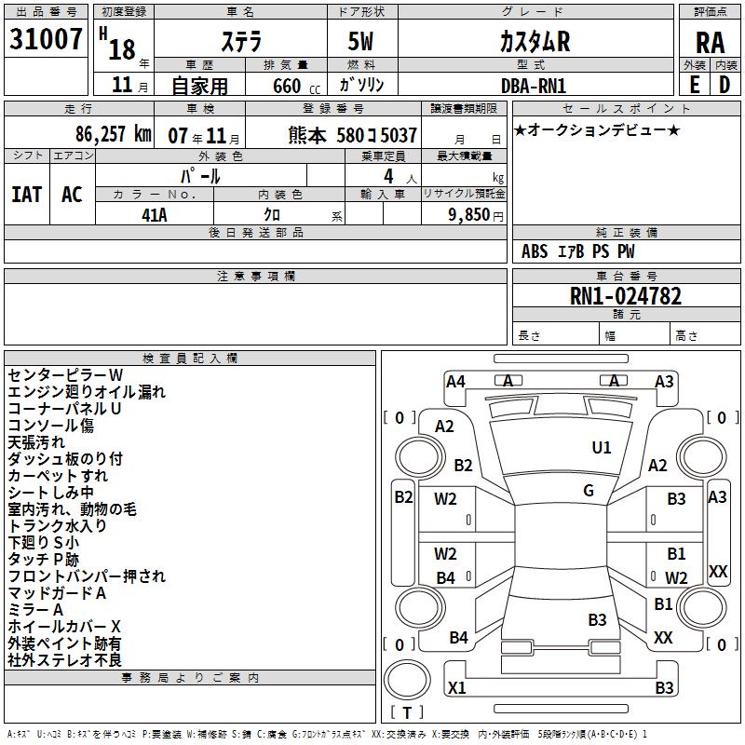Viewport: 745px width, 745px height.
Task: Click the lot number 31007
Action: tap(45, 40)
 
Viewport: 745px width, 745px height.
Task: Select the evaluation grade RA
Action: tap(710, 42)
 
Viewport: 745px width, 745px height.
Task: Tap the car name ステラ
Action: tap(240, 41)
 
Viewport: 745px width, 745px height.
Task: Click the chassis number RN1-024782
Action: tap(625, 297)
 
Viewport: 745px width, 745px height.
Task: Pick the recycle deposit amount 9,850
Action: tap(467, 214)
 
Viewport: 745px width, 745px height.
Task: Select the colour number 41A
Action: tap(154, 214)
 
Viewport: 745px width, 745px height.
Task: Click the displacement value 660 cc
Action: tap(286, 86)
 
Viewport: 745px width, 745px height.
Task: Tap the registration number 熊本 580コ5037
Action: tap(352, 134)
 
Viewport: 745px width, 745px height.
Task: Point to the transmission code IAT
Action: tap(26, 194)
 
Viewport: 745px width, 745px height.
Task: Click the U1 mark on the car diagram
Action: tap(602, 448)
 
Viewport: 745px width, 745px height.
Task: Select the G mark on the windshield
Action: tap(589, 491)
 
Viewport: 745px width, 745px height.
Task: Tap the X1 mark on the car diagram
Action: tap(456, 688)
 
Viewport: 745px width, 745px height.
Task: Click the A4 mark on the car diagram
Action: tap(455, 381)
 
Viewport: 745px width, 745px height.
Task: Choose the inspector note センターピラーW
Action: tap(59, 375)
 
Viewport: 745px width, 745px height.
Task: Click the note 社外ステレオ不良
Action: tap(64, 659)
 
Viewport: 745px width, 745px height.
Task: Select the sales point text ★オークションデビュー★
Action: tap(597, 129)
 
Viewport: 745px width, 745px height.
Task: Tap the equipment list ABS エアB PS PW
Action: tap(578, 251)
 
